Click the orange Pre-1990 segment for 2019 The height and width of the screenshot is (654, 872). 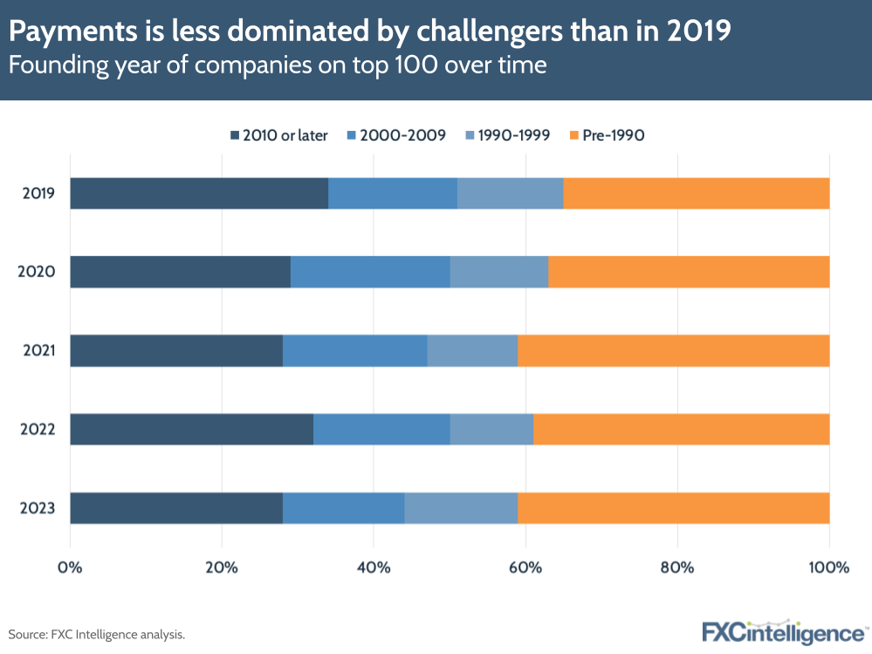pyautogui.click(x=696, y=193)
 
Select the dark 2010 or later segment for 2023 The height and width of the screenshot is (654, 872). pyautogui.click(x=176, y=507)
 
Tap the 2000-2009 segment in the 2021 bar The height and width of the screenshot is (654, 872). pyautogui.click(x=354, y=350)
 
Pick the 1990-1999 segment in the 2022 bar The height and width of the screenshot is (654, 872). pyautogui.click(x=491, y=429)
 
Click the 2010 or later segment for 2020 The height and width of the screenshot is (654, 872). pyautogui.click(x=180, y=272)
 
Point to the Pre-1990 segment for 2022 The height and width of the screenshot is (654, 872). pyautogui.click(x=681, y=429)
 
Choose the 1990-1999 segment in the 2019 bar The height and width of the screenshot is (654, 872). pyautogui.click(x=510, y=193)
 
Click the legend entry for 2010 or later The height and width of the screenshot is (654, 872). pyautogui.click(x=278, y=135)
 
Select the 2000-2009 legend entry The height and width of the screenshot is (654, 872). pyautogui.click(x=397, y=135)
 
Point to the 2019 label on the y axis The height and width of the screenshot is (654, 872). pyautogui.click(x=39, y=193)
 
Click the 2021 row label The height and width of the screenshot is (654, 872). pyautogui.click(x=39, y=350)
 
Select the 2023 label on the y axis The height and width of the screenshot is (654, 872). pyautogui.click(x=39, y=507)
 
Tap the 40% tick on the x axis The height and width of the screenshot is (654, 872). pyautogui.click(x=374, y=568)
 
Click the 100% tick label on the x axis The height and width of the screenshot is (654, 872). pyautogui.click(x=827, y=568)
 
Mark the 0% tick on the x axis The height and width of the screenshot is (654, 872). pyautogui.click(x=70, y=568)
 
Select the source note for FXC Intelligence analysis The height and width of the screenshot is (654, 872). pyautogui.click(x=97, y=634)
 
